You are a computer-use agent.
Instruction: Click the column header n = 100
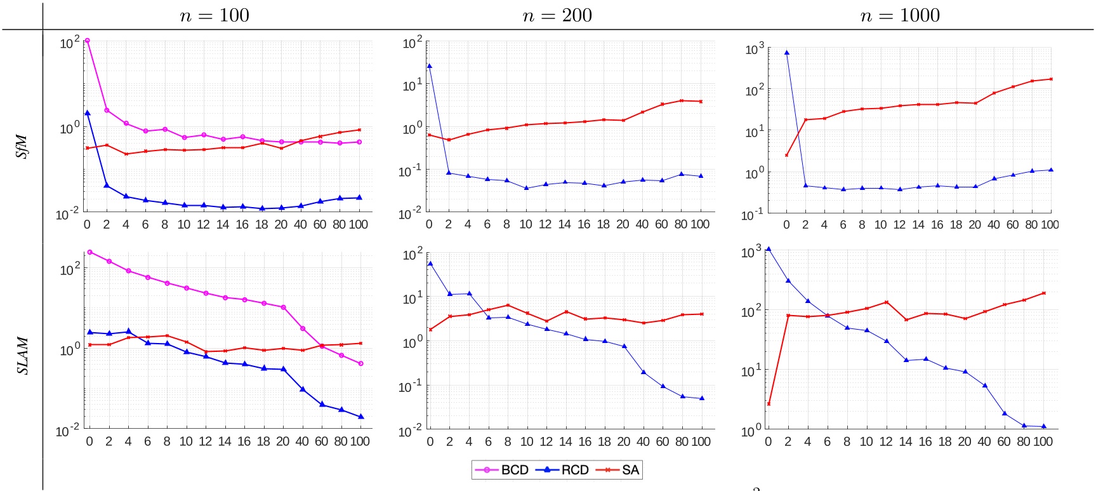(x=215, y=15)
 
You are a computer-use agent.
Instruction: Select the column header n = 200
(x=557, y=15)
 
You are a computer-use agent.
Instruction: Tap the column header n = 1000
(x=900, y=15)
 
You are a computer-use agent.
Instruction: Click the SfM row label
(x=22, y=146)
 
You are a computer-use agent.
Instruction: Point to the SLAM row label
(x=22, y=356)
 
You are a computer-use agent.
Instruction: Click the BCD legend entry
(x=501, y=470)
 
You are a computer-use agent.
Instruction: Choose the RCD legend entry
(x=563, y=470)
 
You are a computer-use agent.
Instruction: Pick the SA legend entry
(x=619, y=470)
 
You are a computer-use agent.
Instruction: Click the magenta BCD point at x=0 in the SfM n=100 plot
(x=87, y=41)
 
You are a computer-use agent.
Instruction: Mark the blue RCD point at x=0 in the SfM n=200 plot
(x=430, y=66)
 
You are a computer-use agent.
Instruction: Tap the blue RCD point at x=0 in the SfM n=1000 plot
(x=787, y=53)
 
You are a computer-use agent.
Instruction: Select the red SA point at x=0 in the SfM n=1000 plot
(x=787, y=155)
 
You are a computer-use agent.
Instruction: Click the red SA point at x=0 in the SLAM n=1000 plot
(x=769, y=404)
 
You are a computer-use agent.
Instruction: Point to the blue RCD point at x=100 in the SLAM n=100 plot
(x=361, y=417)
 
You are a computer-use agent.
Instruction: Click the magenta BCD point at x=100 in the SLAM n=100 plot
(x=361, y=364)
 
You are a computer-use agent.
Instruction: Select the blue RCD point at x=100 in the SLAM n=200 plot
(x=702, y=398)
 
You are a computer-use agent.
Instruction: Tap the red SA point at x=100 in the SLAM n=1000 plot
(x=1044, y=293)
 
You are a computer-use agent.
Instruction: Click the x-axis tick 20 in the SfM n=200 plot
(x=623, y=224)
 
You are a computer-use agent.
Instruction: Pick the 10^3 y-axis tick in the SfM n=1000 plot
(x=755, y=49)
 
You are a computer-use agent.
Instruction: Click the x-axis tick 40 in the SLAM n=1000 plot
(x=984, y=441)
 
